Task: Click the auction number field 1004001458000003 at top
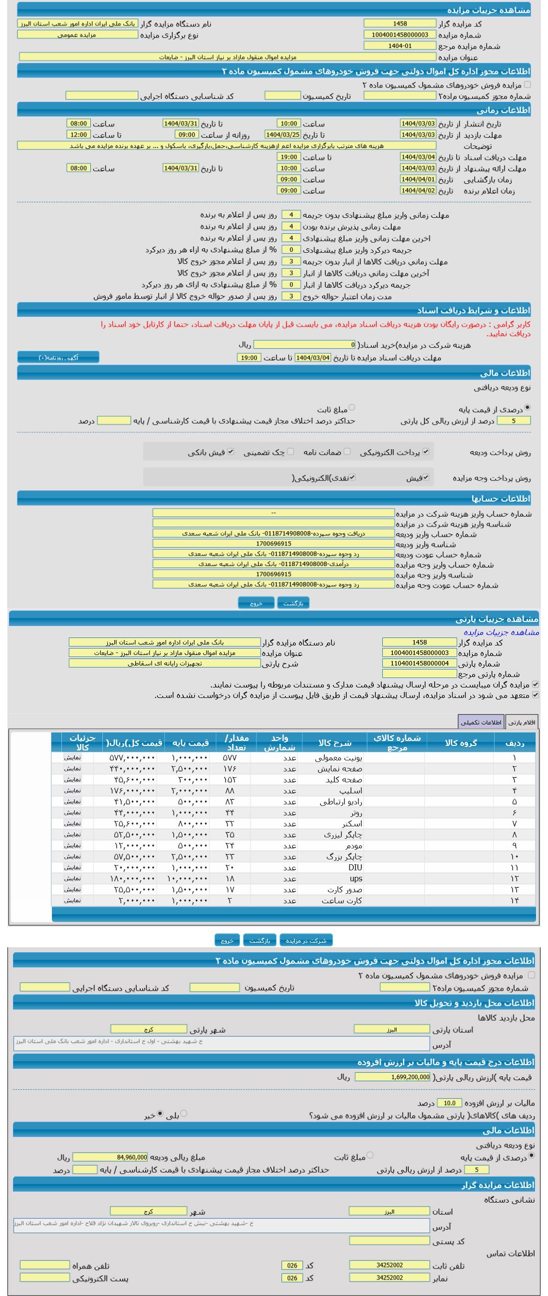coord(400,34)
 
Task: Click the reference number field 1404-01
coord(400,46)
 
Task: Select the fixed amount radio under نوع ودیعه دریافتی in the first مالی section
coord(351,408)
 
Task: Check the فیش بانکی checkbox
coord(231,451)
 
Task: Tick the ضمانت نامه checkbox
coord(347,451)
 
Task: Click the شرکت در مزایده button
coord(305,940)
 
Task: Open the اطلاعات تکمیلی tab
coord(481,722)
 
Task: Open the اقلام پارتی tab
coord(522,722)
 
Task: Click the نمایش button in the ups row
coord(72,878)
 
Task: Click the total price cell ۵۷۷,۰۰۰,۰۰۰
coord(132,758)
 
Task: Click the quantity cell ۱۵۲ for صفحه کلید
coord(229,780)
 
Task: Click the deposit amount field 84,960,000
coord(110,1157)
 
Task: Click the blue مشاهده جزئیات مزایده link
coord(501,632)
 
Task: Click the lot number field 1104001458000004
coord(419,663)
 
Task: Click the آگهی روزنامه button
coord(58,357)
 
